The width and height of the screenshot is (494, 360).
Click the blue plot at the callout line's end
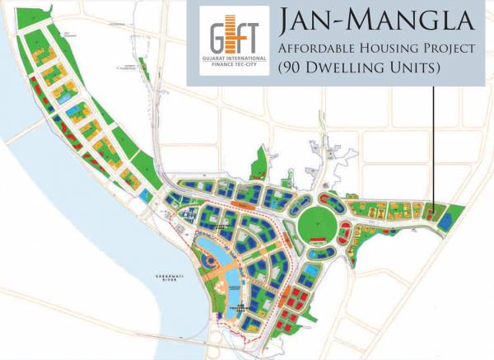point(445,220)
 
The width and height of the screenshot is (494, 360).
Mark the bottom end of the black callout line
point(433,210)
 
